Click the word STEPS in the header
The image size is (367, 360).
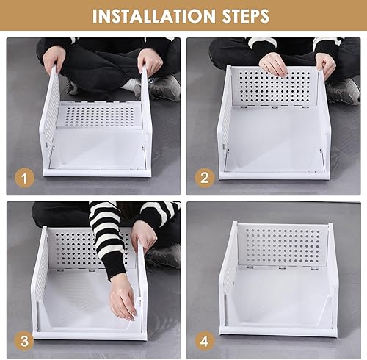(245, 16)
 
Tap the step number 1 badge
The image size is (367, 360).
(24, 178)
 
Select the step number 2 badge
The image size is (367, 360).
(205, 178)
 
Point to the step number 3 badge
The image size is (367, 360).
(24, 341)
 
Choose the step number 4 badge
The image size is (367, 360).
(205, 341)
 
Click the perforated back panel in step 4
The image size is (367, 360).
(283, 245)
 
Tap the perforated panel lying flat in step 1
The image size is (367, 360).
(99, 115)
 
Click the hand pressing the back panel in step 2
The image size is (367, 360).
(273, 64)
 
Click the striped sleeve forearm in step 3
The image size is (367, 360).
(109, 245)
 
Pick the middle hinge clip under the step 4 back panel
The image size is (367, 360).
(282, 267)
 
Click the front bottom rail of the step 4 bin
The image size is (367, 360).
(278, 331)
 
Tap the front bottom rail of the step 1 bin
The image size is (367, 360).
(97, 173)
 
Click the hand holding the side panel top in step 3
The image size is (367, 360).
(144, 236)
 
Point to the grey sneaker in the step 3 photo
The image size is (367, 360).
(164, 256)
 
